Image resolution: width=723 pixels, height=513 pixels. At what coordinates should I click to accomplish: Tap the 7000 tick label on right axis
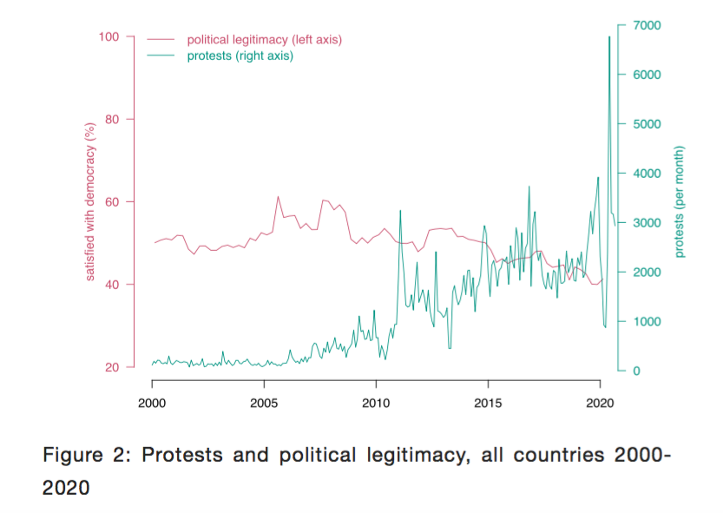647,25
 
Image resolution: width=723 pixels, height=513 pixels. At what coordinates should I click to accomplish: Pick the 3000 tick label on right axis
647,223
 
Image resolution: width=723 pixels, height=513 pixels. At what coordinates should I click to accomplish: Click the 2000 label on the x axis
152,404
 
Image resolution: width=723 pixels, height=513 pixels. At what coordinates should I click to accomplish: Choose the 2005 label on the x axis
264,404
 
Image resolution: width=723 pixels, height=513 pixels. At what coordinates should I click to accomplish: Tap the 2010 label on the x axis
376,404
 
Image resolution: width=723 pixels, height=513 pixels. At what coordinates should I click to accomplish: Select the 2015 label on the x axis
488,404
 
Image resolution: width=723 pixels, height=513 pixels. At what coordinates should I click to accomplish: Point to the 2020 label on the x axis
600,404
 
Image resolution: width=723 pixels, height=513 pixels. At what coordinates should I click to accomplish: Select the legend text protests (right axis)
240,56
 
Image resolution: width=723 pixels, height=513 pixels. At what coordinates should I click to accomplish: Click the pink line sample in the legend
161,40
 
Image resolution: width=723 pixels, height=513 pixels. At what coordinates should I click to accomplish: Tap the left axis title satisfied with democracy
89,202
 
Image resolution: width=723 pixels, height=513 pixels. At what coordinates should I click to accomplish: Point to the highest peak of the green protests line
609,36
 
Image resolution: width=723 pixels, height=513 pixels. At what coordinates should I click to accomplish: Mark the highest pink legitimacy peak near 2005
278,196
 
